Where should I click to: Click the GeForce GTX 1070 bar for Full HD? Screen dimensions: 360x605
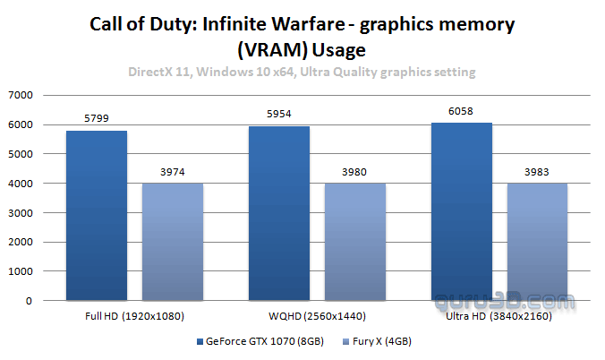click(x=96, y=216)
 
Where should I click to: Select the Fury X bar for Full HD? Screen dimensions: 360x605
click(x=172, y=243)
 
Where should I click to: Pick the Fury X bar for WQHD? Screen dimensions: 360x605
click(x=355, y=243)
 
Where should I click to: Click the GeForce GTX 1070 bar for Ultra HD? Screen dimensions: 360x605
click(x=462, y=212)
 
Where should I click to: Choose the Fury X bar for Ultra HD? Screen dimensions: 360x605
click(x=538, y=243)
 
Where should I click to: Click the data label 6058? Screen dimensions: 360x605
click(x=462, y=111)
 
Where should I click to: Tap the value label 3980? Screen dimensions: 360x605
click(x=355, y=173)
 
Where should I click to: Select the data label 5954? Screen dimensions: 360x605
click(x=278, y=115)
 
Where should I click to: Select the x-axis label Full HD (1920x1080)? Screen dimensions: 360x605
click(x=134, y=316)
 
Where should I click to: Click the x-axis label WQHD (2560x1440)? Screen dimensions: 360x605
click(x=317, y=316)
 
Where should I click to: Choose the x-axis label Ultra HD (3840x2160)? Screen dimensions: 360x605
click(x=498, y=316)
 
